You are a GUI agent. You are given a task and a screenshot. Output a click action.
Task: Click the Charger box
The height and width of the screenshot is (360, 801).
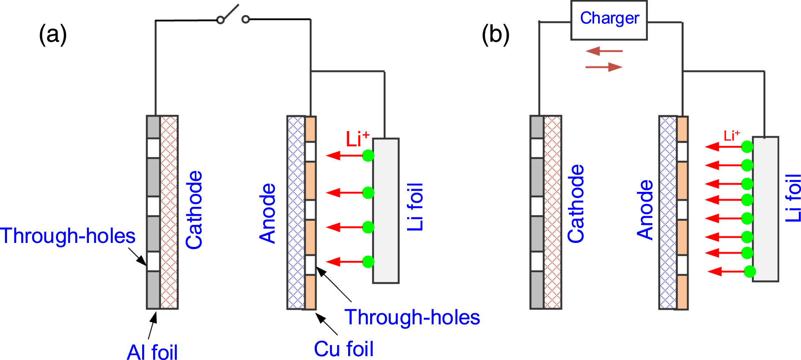click(609, 20)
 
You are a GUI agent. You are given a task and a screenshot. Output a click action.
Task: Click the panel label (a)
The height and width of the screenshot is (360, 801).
click(53, 34)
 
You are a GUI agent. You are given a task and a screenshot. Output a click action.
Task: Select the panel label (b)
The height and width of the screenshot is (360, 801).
click(496, 34)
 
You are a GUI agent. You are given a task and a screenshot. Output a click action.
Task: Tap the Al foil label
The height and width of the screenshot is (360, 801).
click(152, 352)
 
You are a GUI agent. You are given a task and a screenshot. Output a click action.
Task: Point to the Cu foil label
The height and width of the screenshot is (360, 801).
click(344, 349)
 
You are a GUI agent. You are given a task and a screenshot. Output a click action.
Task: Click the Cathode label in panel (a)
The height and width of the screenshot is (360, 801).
click(194, 210)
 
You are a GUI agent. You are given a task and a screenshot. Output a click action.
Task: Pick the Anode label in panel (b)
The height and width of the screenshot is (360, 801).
click(645, 209)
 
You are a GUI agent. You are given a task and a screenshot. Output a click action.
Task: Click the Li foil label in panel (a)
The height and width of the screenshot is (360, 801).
click(415, 207)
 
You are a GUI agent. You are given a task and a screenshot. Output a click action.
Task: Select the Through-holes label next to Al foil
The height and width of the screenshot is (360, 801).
click(68, 236)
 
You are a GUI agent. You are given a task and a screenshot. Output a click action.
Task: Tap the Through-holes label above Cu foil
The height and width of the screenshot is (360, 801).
click(412, 317)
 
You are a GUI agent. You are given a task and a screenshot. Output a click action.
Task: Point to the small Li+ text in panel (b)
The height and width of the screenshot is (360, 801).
click(731, 136)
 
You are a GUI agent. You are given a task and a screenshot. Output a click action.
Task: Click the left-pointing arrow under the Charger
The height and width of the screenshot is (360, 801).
click(604, 51)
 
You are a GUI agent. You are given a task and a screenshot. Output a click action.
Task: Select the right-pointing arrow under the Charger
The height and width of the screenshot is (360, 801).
click(604, 67)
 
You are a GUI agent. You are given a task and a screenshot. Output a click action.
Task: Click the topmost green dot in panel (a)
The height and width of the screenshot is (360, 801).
click(368, 155)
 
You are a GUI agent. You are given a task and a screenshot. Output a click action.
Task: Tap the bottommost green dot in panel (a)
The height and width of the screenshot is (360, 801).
click(368, 262)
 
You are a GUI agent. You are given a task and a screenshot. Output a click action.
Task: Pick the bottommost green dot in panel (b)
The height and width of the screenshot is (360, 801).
click(750, 272)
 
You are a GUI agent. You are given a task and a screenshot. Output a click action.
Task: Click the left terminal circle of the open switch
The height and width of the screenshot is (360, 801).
click(220, 20)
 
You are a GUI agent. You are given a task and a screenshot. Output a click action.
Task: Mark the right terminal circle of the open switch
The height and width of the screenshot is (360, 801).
click(246, 19)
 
